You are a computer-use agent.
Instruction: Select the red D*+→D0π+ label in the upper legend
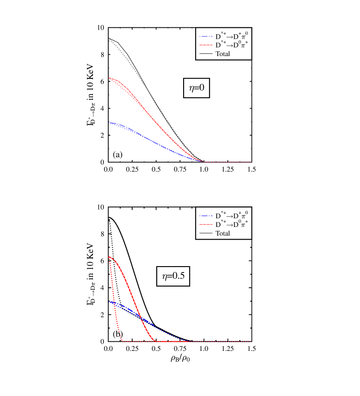point(232,45)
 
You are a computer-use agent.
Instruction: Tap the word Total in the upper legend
point(222,54)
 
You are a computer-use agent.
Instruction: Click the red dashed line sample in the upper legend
point(206,45)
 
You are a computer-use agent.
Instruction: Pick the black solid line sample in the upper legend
point(206,54)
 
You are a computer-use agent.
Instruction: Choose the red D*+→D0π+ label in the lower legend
point(232,224)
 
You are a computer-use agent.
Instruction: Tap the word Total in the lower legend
point(222,233)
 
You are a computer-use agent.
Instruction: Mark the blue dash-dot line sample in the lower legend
point(206,216)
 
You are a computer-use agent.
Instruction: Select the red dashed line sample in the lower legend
point(206,224)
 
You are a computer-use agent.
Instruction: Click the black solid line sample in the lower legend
point(206,233)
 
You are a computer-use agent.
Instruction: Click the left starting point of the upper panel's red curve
point(109,78)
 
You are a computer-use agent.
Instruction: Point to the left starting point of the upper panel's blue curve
point(109,123)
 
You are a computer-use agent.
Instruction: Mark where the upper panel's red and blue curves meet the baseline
point(202,162)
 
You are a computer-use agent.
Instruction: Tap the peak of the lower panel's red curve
point(109,257)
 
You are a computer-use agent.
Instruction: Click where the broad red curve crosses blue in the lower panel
point(140,317)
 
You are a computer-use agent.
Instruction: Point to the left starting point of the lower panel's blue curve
point(109,302)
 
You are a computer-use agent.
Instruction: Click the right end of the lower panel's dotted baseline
point(250,341)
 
